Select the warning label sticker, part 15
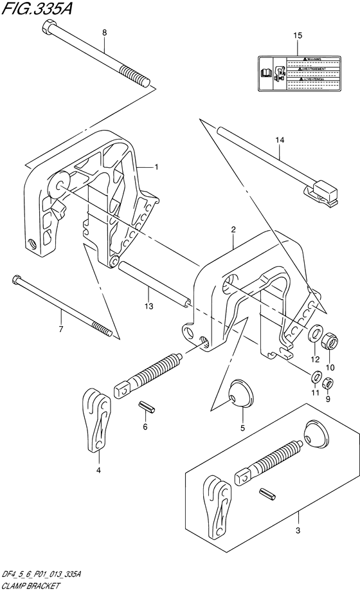297,71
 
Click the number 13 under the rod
149,307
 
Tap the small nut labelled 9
328,384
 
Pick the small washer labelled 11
316,377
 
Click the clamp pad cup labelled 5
240,394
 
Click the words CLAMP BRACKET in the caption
30,587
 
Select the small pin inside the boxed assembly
267,493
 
